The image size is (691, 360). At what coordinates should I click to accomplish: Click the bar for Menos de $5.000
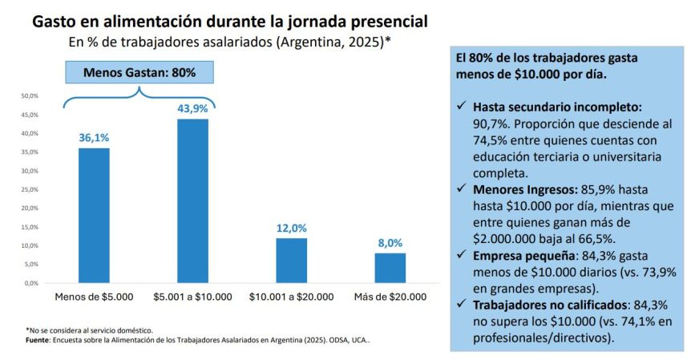click(x=93, y=215)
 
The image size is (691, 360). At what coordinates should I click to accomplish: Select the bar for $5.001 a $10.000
click(x=192, y=200)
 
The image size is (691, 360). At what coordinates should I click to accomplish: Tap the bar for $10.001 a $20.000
click(x=291, y=260)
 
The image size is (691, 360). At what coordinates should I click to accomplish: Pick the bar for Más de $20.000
click(x=390, y=268)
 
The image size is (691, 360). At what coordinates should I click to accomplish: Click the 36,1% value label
click(x=94, y=138)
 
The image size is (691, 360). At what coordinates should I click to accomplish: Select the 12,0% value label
click(x=291, y=228)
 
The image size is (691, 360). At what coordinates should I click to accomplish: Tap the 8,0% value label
click(x=390, y=243)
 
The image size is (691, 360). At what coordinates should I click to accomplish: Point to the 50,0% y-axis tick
click(x=30, y=95)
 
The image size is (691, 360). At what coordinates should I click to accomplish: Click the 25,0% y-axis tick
click(x=30, y=189)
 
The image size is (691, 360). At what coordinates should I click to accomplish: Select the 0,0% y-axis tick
click(x=32, y=283)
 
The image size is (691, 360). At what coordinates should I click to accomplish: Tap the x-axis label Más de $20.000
click(x=390, y=297)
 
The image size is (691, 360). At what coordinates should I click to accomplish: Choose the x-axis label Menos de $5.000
click(x=94, y=297)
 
